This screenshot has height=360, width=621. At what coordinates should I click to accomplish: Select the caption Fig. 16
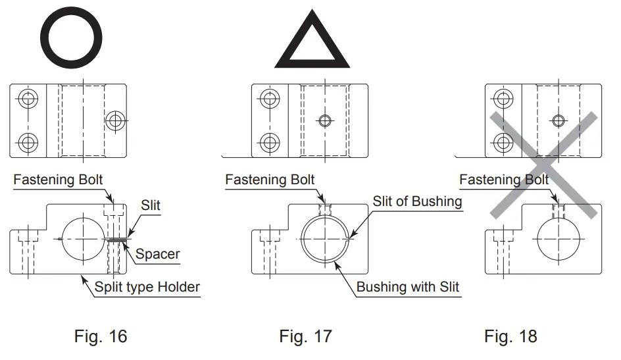tap(99, 336)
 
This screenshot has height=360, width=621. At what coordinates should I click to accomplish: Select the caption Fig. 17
tap(305, 336)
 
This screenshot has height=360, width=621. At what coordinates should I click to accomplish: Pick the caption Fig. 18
tap(510, 336)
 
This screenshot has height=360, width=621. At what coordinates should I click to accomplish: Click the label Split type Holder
tap(147, 286)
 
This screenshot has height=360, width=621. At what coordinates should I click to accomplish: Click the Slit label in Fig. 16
tap(149, 206)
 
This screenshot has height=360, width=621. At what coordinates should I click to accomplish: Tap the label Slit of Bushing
tap(418, 201)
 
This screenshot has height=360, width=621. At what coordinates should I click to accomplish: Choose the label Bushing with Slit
tap(408, 287)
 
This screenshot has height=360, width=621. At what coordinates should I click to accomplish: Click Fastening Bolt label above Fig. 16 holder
tap(58, 179)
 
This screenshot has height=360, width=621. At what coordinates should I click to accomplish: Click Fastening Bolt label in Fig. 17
tap(270, 179)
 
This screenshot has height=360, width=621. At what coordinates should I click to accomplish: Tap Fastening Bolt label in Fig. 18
tap(504, 179)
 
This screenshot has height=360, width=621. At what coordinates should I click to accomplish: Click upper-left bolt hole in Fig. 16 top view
tap(28, 99)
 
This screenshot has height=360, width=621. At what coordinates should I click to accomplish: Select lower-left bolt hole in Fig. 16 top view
tap(28, 141)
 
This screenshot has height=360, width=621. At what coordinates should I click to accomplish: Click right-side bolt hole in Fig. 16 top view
tap(115, 120)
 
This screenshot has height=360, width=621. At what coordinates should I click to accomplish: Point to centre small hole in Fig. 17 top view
tap(323, 120)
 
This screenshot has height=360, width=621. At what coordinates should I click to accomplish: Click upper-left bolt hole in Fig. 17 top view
tap(269, 99)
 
